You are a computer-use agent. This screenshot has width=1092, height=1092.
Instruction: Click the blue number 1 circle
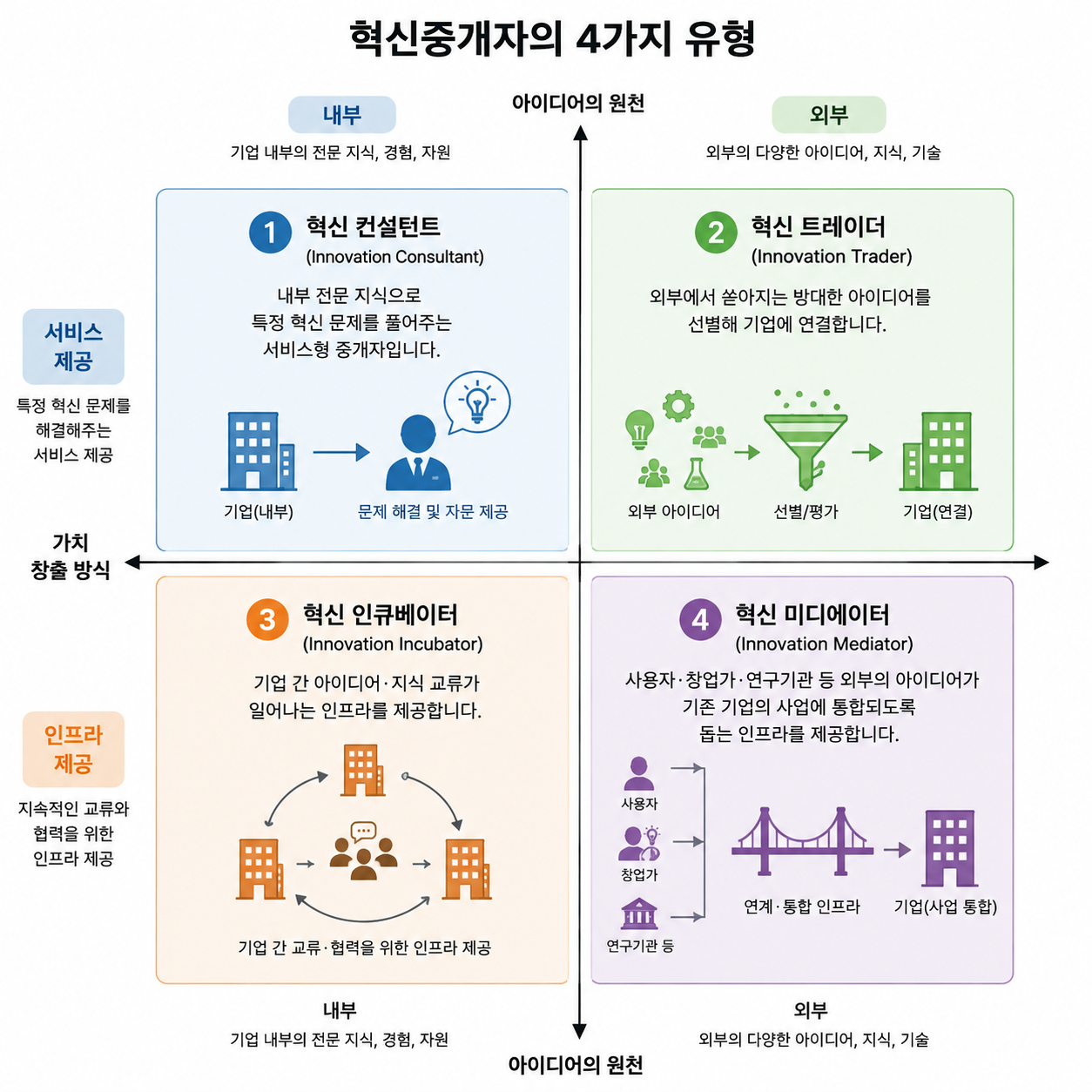click(x=270, y=232)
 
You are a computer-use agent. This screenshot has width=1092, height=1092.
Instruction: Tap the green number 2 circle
click(x=715, y=232)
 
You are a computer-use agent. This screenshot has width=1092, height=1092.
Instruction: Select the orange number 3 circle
click(x=267, y=619)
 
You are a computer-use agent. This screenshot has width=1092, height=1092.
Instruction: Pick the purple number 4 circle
click(x=700, y=619)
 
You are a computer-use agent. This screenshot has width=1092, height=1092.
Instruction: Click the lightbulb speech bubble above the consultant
click(x=476, y=402)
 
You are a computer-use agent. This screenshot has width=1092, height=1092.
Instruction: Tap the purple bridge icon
click(x=802, y=841)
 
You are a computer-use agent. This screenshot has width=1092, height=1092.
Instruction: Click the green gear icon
click(x=677, y=406)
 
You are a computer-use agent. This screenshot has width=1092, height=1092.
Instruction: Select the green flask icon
click(x=696, y=473)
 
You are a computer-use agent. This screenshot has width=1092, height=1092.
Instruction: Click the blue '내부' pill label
click(x=341, y=114)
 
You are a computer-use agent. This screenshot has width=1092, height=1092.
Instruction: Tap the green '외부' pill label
click(x=828, y=114)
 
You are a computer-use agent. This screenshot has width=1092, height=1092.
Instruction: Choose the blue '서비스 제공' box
click(x=73, y=347)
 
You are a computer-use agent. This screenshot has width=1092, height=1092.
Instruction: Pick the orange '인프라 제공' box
click(x=73, y=749)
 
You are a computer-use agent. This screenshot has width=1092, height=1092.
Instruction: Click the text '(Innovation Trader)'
click(x=832, y=257)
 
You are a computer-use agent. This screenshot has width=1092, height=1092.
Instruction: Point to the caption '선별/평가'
click(x=806, y=512)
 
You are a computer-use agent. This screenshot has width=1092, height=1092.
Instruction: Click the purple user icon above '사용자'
click(x=638, y=773)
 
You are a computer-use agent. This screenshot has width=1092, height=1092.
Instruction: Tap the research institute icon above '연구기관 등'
click(x=639, y=913)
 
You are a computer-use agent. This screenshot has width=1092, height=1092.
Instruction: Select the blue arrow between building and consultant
click(x=341, y=452)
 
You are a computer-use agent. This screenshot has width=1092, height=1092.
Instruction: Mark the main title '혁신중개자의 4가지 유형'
click(x=552, y=38)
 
